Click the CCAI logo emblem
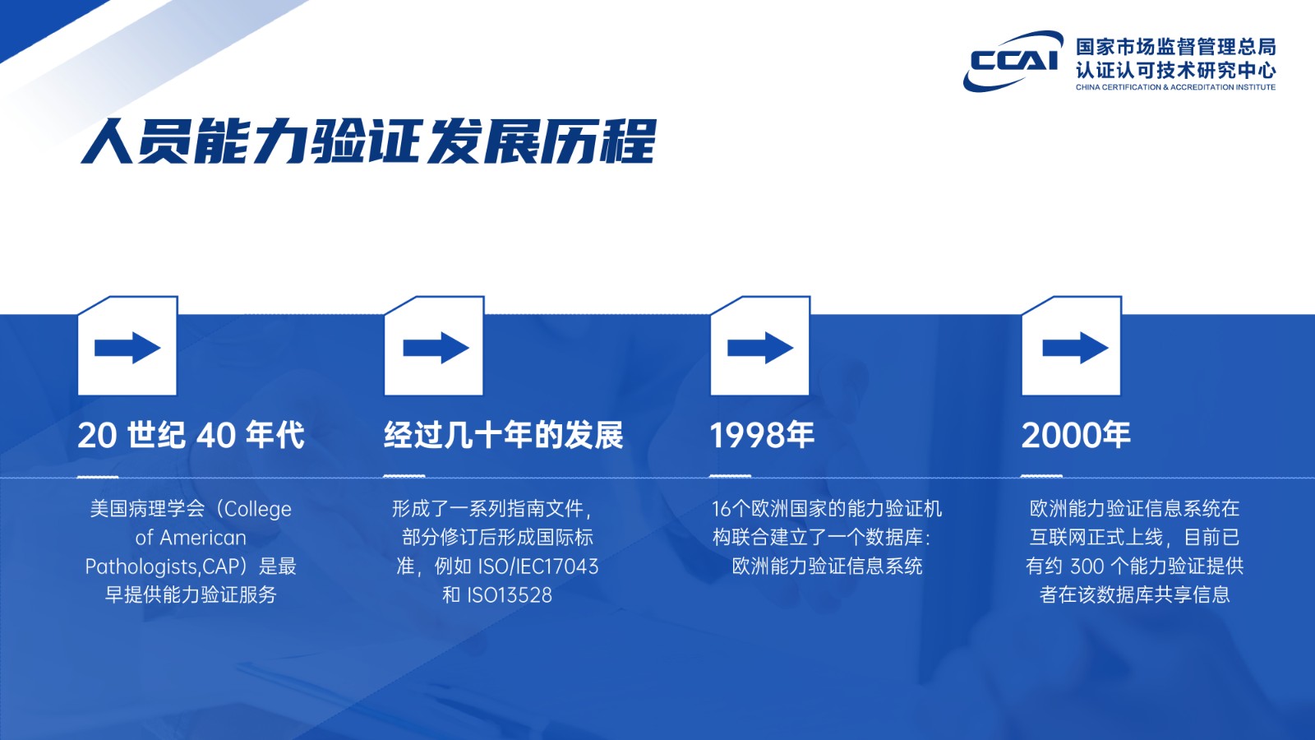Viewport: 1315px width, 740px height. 1013,61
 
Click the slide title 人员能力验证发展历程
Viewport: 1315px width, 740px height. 368,141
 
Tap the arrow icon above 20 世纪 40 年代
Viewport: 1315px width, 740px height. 127,348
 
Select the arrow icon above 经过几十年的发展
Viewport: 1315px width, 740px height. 436,348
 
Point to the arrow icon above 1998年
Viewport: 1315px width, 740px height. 760,348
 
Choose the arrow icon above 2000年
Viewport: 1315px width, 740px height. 1076,348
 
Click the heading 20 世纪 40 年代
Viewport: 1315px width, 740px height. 191,435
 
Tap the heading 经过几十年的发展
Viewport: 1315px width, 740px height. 503,435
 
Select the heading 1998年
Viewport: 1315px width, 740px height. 761,435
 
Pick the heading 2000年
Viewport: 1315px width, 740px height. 1076,435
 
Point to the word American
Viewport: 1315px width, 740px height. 202,538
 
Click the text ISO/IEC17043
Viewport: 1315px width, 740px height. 538,567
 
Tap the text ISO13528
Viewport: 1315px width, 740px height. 510,595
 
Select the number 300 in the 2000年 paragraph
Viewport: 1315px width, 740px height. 1087,567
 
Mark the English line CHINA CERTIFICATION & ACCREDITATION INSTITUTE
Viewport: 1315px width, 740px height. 1175,87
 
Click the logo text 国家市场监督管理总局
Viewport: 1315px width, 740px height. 1175,47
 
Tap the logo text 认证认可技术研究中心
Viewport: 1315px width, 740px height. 1175,71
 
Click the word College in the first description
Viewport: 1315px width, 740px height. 258,509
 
